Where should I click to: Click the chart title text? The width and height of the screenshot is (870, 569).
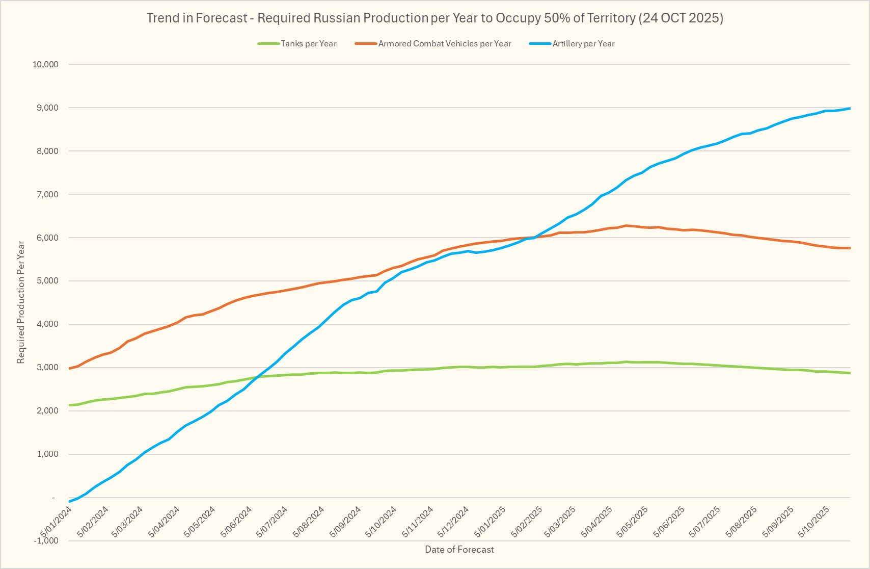[434, 18]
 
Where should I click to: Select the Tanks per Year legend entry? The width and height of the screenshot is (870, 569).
[308, 44]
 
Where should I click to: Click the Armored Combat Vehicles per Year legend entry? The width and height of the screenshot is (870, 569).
[444, 44]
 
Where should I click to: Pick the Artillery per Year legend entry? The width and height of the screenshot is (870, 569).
[583, 44]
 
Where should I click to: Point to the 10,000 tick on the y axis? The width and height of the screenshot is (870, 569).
[46, 64]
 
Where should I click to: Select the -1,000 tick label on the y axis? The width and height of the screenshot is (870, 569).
[46, 540]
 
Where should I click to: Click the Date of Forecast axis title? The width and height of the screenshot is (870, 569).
[459, 550]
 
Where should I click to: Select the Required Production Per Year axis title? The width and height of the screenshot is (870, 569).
[21, 302]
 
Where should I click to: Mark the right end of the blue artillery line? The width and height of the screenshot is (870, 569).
[850, 108]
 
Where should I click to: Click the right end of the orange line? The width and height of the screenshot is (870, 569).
[850, 248]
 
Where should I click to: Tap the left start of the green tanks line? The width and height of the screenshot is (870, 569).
[69, 405]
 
